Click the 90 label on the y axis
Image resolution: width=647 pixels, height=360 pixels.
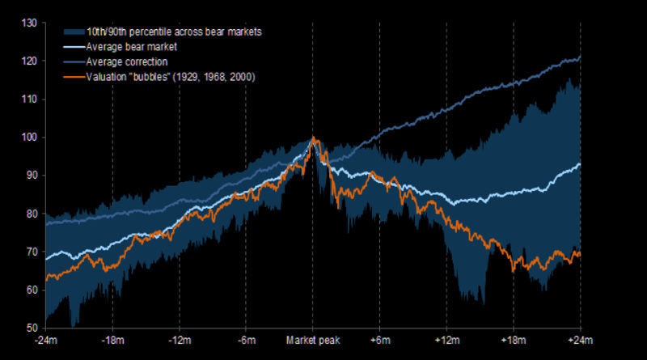click(29, 175)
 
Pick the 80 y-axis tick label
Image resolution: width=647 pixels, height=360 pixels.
click(29, 214)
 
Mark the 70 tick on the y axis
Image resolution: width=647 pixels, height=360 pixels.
click(29, 252)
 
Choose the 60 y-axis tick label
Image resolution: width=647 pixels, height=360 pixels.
click(29, 290)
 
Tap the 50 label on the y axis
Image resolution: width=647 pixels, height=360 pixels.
click(29, 328)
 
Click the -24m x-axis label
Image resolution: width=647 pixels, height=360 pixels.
click(46, 341)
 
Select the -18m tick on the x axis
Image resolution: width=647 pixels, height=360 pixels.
click(112, 341)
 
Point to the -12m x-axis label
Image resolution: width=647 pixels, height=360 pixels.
click(180, 341)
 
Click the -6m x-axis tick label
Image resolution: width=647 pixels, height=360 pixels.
click(247, 341)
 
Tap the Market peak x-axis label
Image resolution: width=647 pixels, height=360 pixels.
click(312, 341)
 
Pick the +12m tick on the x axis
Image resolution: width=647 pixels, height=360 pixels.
click(447, 341)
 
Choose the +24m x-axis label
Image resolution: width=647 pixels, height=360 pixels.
click(580, 341)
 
